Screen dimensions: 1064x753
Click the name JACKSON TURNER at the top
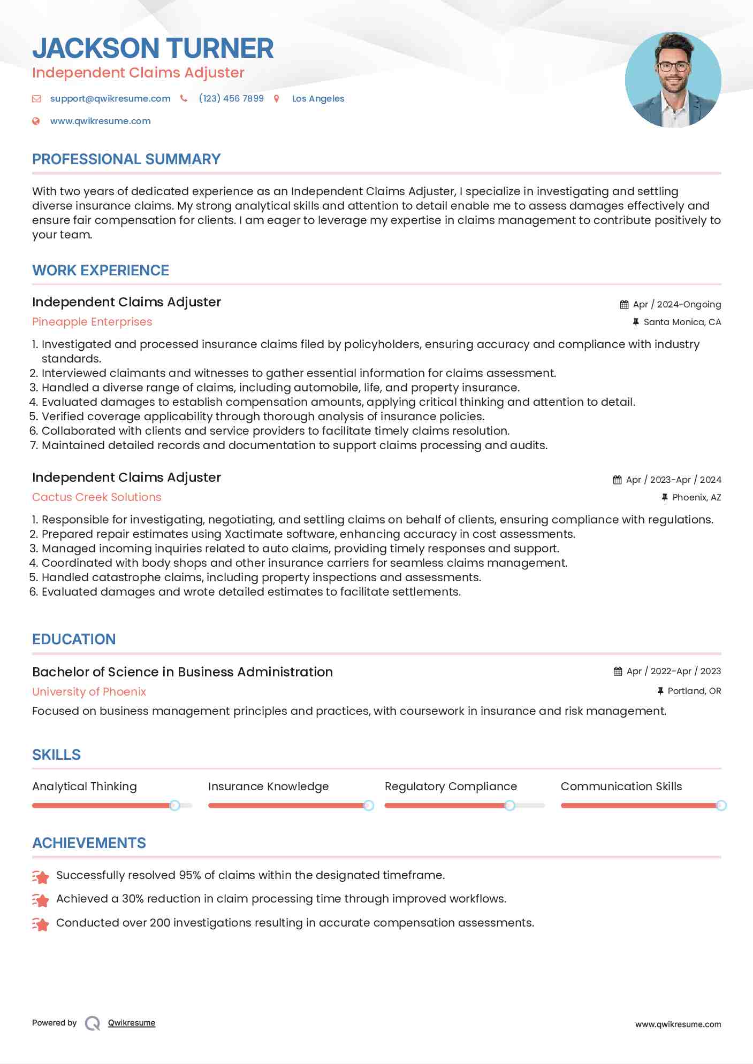[x=153, y=48]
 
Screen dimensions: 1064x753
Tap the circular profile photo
[x=673, y=80]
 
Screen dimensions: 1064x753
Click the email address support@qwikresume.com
[x=110, y=98]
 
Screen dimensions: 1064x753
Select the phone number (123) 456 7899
[x=231, y=98]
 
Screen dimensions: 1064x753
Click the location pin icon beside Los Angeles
[x=277, y=98]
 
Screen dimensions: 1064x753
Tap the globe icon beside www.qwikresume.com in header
[x=36, y=121]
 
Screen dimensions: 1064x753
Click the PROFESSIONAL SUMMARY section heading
[x=126, y=159]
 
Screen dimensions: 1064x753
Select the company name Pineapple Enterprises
[x=92, y=322]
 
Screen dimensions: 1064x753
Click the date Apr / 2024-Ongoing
[x=676, y=304]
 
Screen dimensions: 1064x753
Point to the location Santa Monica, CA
[x=682, y=322]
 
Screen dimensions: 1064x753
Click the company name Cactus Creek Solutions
[x=96, y=497]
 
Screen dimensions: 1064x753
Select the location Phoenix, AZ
[x=696, y=497]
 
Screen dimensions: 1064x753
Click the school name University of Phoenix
[x=89, y=692]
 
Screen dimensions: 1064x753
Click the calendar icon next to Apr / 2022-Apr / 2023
[x=618, y=672]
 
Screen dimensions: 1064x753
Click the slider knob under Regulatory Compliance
[x=509, y=805]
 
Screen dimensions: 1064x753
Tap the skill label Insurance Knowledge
[x=268, y=787]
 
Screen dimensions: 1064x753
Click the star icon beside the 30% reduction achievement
[x=41, y=900]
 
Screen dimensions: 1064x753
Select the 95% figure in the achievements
[x=189, y=875]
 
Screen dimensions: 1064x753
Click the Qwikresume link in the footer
[x=132, y=1023]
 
